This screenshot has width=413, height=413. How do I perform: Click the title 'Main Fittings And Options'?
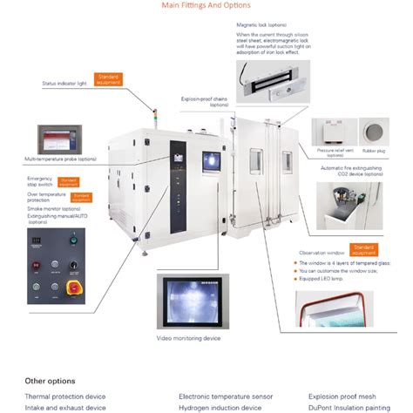click(206, 5)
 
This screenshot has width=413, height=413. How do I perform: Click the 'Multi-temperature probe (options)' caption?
click(61, 159)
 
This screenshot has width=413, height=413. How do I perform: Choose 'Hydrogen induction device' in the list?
click(220, 407)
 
